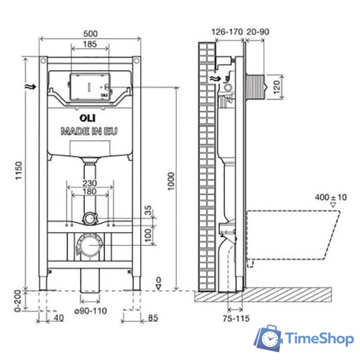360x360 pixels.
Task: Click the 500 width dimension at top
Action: coord(89,33)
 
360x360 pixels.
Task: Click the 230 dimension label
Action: coord(89,183)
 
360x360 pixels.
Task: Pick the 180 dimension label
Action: coord(89,192)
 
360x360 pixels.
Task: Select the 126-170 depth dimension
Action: coord(227,32)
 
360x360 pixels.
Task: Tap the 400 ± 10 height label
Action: coord(331,197)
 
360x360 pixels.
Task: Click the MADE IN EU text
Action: coord(89,132)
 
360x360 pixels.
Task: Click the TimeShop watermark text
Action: coord(319,338)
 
